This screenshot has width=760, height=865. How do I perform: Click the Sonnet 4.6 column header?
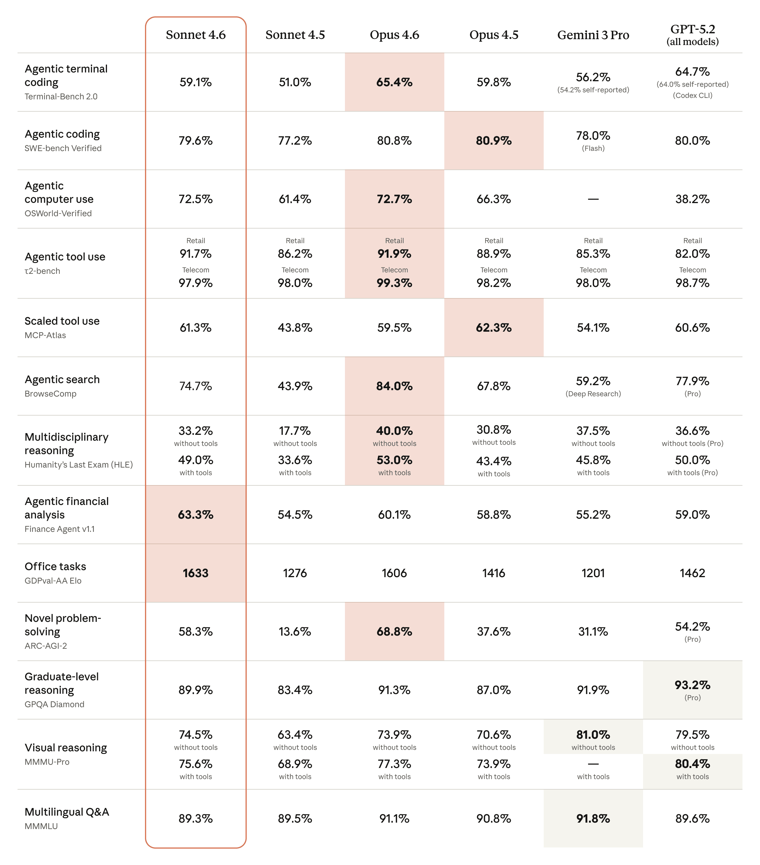point(195,35)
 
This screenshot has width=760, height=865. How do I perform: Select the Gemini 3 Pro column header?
point(593,35)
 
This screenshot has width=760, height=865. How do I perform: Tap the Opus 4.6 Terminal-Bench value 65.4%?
point(394,82)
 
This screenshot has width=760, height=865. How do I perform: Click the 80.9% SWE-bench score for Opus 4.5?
point(494,141)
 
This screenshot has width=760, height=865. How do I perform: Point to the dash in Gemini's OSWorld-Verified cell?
point(593,199)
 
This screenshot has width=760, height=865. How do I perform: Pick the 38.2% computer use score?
point(692,199)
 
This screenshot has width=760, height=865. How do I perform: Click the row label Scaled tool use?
point(62,321)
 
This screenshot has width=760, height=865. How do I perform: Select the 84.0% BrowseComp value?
point(394,386)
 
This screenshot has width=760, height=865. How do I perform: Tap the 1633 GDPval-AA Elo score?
point(195,573)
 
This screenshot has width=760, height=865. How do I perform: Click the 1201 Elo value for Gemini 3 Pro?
point(593,573)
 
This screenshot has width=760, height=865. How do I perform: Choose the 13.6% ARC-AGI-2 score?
point(295,632)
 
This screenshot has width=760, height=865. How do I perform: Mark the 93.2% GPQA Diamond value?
point(692,685)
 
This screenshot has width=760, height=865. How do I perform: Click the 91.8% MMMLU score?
point(593,819)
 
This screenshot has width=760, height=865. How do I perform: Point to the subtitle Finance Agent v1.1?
point(60,529)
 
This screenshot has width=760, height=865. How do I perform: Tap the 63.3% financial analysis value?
point(195,515)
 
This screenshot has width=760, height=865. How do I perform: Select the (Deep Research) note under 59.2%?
point(593,394)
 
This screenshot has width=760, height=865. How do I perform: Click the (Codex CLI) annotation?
point(692,95)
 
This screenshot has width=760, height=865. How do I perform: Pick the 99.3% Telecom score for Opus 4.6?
point(394,283)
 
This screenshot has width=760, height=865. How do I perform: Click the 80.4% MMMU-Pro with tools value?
point(692,764)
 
